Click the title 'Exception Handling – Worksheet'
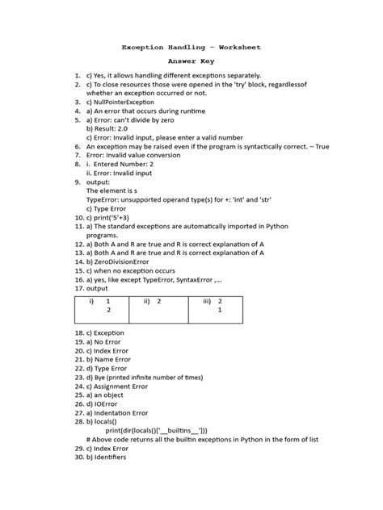point(191,48)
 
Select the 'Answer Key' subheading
point(191,61)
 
